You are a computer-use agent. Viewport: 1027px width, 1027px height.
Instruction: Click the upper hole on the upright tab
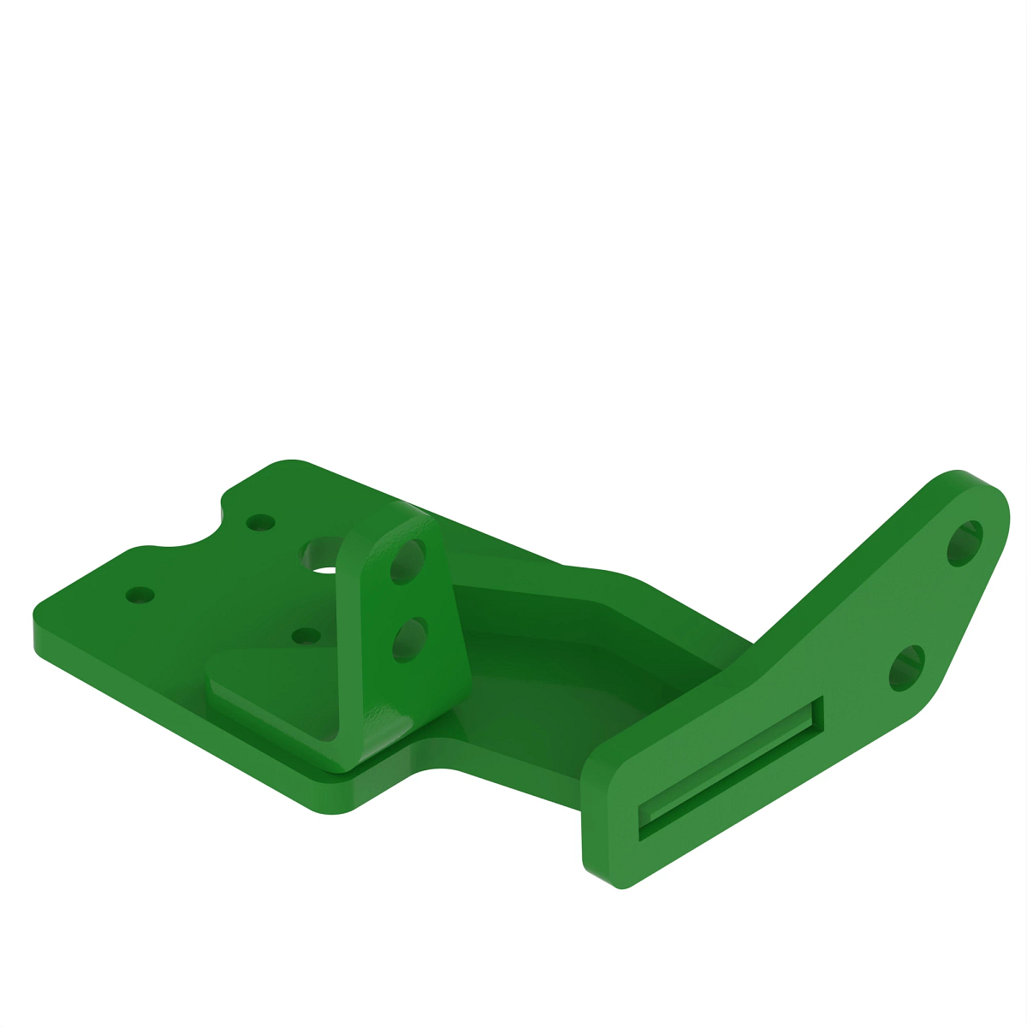pos(407,561)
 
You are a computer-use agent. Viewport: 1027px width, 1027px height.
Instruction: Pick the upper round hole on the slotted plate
pos(966,543)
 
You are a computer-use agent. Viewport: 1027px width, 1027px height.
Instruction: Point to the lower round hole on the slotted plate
pos(907,668)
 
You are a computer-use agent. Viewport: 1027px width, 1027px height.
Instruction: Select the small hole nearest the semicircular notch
pos(259,521)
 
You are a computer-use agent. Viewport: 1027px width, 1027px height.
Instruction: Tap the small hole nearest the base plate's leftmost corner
pos(139,593)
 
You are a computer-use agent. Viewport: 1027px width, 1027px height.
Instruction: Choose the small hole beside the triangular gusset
pos(306,636)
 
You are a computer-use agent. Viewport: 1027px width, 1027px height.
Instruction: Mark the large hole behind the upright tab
pos(323,555)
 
